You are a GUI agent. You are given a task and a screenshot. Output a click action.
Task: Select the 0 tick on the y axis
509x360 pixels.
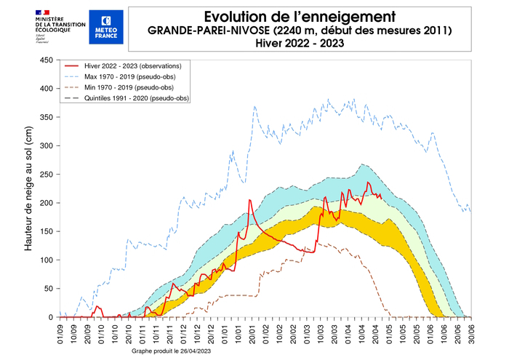[51, 317]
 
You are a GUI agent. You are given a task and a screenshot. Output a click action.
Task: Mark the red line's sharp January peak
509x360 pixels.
[249, 200]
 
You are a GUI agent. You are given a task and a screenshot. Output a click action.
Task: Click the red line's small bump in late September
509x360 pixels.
[97, 307]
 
